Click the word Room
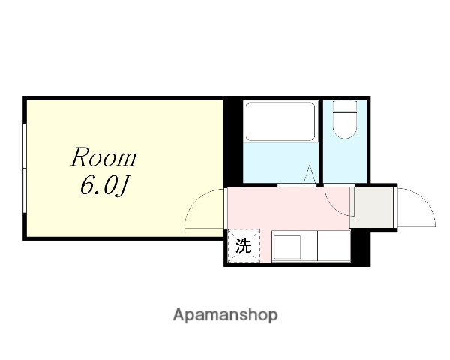click(x=103, y=159)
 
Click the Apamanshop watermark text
click(x=225, y=314)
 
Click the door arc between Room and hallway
click(x=204, y=208)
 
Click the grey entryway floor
click(x=373, y=206)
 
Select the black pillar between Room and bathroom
click(x=233, y=142)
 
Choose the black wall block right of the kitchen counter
click(x=361, y=248)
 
